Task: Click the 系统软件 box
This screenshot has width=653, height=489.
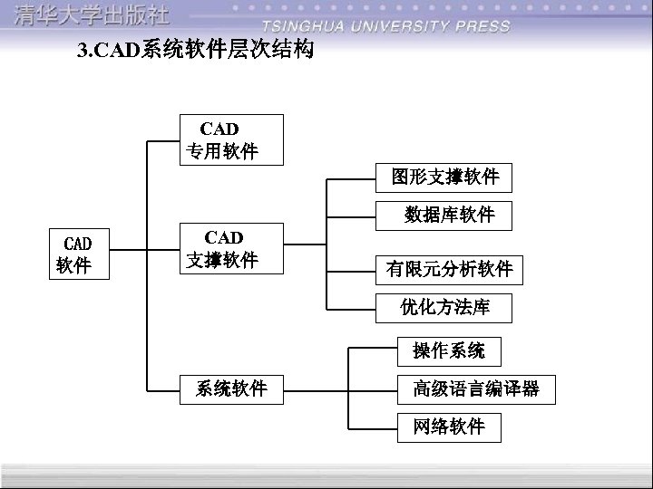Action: tap(231, 388)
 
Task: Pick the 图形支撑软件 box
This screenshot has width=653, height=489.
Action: tap(444, 177)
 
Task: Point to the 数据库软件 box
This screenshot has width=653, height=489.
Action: tap(444, 215)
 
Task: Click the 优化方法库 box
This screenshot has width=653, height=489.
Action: tap(444, 308)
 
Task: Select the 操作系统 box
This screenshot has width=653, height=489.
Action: tap(449, 350)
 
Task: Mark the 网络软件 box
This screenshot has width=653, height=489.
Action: tap(449, 426)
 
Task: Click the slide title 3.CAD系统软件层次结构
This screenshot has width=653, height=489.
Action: tap(196, 51)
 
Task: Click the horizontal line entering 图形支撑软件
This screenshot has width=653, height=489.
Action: tap(352, 178)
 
